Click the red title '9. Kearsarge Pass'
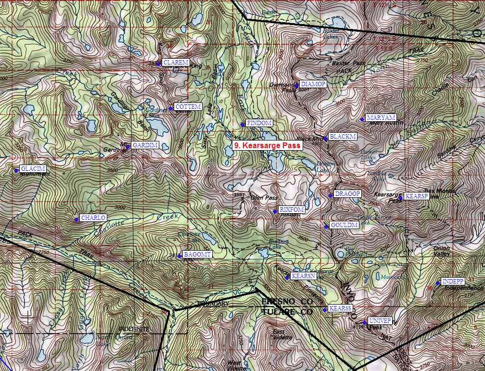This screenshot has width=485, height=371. point(267,145)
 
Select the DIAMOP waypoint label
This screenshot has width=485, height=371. point(313,84)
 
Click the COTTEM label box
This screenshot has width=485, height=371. point(188,107)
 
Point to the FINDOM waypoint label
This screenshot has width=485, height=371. point(259,123)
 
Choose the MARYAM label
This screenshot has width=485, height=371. point(380,118)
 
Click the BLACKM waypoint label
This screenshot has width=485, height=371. point(343,137)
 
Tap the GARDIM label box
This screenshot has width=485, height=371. point(145,145)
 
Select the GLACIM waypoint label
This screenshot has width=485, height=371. point(33,169)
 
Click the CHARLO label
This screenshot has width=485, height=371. point(93,218)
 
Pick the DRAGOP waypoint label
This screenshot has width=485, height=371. point(347,194)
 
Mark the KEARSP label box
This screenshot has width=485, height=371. point(416,196)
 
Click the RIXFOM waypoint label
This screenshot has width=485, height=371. point(292,210)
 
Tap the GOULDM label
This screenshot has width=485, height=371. point(344,225)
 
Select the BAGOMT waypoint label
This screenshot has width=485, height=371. point(197,254)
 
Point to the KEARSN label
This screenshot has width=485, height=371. point(303,276)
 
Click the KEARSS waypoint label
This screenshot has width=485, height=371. point(341,308)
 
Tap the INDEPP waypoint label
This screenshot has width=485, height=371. point(452,281)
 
